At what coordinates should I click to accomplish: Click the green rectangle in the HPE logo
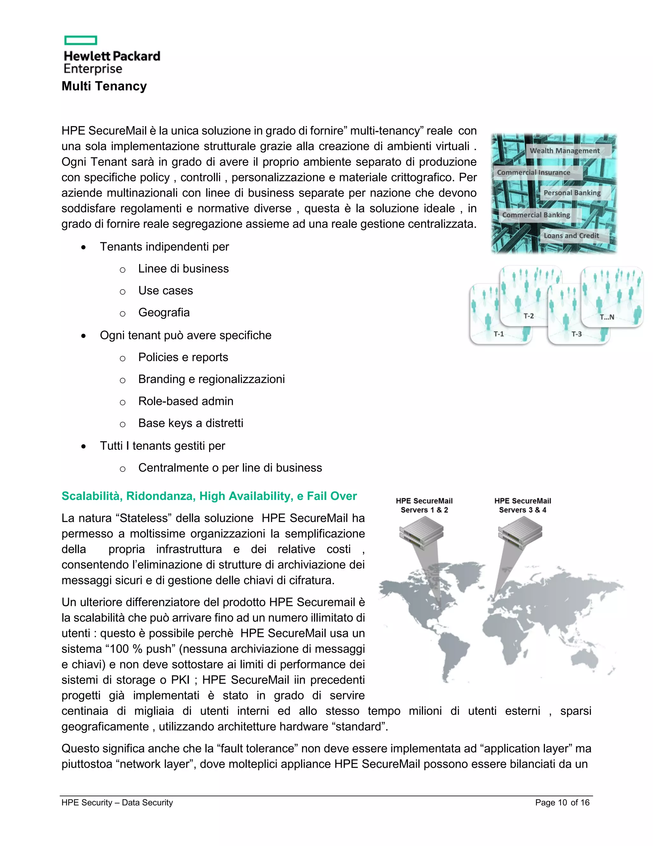[80, 40]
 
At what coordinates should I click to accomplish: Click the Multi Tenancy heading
[104, 86]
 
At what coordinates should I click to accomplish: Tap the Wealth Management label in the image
[564, 151]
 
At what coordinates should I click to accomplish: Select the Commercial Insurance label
[533, 172]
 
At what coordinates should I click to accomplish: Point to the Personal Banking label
[572, 193]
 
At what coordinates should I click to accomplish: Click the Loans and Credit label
[571, 236]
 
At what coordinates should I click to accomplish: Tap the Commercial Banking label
[536, 215]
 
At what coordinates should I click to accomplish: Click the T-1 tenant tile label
[499, 334]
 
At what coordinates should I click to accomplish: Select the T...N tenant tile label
[606, 317]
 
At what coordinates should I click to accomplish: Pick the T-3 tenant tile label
[576, 334]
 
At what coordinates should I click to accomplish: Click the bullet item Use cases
[165, 291]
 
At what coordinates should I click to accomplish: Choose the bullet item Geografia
[164, 313]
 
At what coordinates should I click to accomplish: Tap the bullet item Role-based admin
[186, 401]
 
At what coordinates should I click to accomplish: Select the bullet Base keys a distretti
[191, 423]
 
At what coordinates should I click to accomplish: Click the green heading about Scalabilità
[209, 496]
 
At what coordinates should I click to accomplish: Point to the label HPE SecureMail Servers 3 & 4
[522, 505]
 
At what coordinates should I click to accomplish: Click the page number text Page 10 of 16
[562, 803]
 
